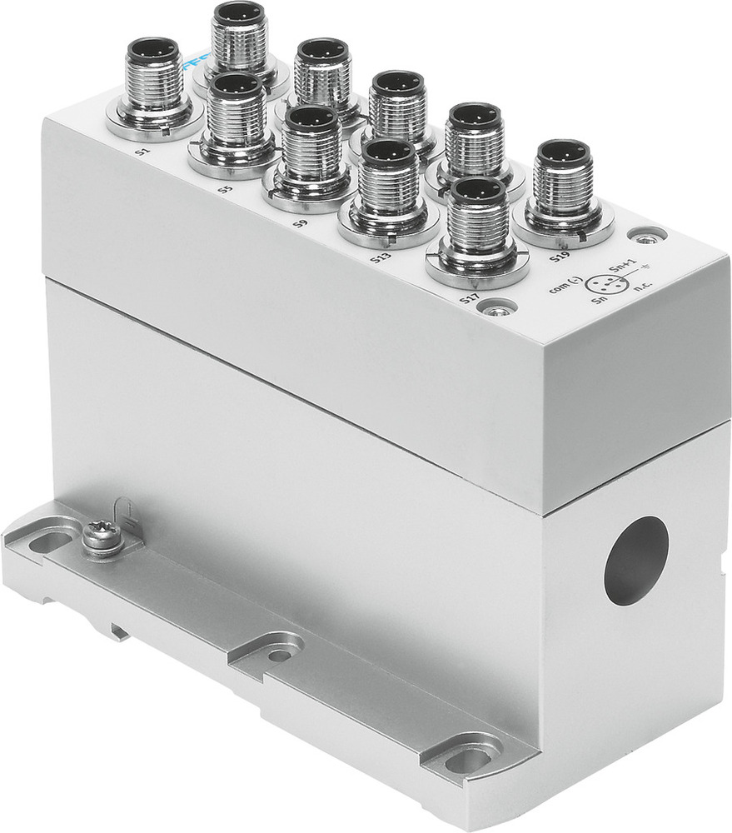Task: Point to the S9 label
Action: coord(301,224)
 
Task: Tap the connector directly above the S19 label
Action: coord(564,191)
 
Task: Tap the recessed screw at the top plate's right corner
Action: coord(647,237)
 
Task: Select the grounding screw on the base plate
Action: coord(102,537)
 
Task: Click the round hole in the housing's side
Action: coord(635,560)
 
